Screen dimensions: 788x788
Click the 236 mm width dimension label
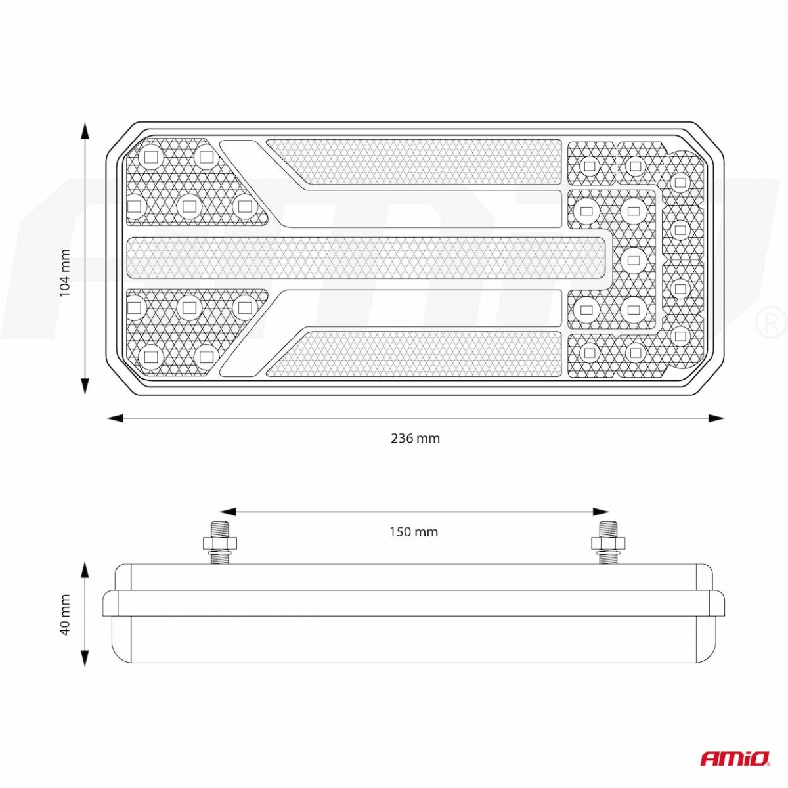pyautogui.click(x=415, y=439)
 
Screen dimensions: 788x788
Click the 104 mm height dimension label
pyautogui.click(x=65, y=273)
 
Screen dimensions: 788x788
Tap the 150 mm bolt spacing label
pyautogui.click(x=414, y=532)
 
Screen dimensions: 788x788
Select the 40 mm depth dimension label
pyautogui.click(x=65, y=615)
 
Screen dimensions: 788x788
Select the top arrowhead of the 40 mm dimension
pyautogui.click(x=85, y=570)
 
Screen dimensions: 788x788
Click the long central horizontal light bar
pyautogui.click(x=368, y=256)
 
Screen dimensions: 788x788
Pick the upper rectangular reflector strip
pyautogui.click(x=414, y=162)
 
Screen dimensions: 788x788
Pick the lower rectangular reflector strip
pyautogui.click(x=414, y=354)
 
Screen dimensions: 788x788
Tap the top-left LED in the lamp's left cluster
pyautogui.click(x=151, y=157)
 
